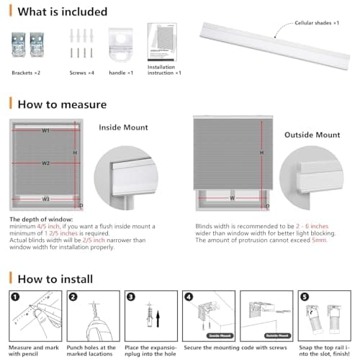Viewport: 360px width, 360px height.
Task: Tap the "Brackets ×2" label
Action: (x=27, y=73)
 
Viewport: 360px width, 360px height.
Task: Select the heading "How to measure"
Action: (x=62, y=104)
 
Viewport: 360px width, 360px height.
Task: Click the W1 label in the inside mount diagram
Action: (x=45, y=131)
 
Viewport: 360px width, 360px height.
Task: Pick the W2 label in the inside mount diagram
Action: (x=45, y=163)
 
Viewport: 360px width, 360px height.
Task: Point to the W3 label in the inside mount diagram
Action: (x=45, y=199)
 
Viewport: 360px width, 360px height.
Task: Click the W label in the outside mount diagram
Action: (x=232, y=197)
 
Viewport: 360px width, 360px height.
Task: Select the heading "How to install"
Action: (x=56, y=278)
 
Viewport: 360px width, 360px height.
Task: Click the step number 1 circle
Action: (x=14, y=296)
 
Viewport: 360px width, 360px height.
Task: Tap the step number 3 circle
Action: (x=130, y=296)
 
